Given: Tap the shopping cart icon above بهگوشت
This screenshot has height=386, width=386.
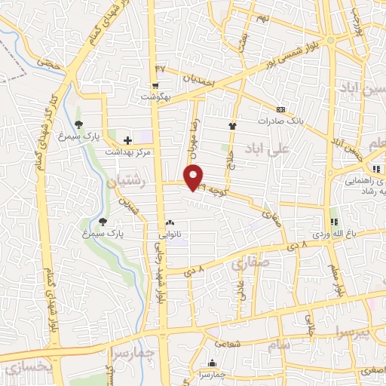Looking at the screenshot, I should (x=155, y=85).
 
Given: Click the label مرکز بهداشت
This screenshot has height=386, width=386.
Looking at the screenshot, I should (x=131, y=152).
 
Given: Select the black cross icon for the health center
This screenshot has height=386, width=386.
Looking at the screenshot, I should (x=127, y=139).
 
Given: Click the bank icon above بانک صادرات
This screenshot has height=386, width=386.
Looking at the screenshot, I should (x=280, y=109).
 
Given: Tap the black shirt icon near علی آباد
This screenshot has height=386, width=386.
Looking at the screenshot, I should (x=231, y=127).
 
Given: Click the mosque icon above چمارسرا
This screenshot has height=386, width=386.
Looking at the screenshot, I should (x=212, y=363).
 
